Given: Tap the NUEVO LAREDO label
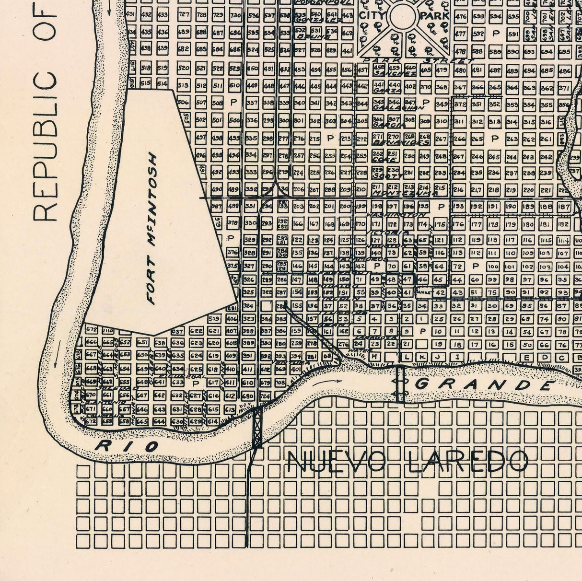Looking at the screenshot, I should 408,462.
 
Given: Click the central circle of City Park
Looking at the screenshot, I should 403,16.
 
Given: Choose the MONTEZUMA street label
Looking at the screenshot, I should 406,194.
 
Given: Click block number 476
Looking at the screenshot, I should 461,17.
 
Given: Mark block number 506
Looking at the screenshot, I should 183,102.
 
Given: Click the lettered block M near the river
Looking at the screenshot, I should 374,357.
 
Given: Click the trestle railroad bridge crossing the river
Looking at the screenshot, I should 258,427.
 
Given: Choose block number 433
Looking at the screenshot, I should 163,15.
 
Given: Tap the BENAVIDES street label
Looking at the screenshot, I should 402,143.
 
